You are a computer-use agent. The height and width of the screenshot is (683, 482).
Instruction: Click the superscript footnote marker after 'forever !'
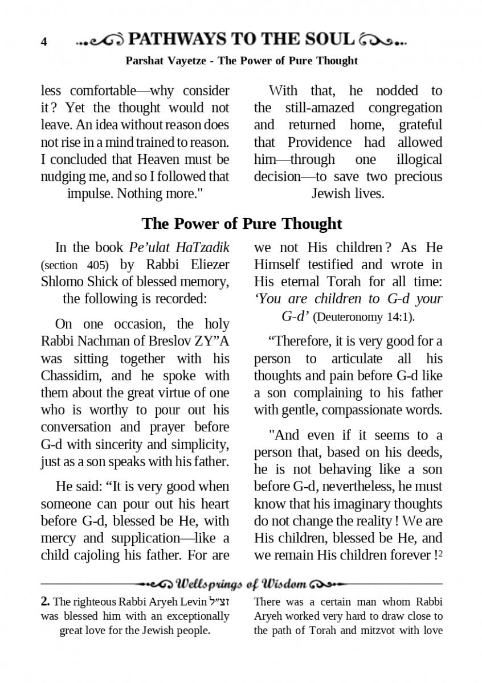tap(440, 552)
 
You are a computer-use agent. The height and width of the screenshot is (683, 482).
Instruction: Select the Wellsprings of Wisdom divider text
tap(242, 584)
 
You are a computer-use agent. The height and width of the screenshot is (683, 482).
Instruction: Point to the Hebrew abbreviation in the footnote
tap(220, 602)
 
